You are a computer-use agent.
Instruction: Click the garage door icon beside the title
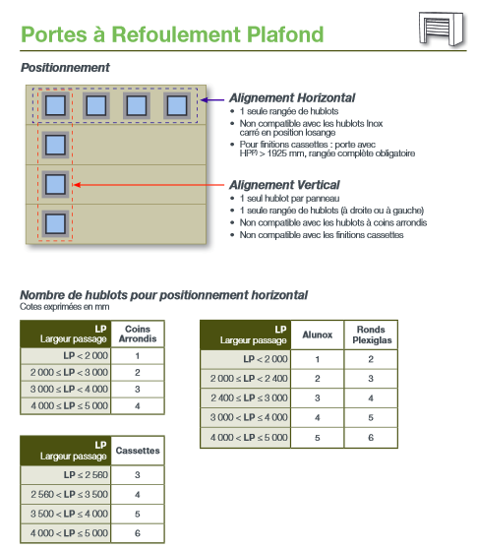click(x=443, y=29)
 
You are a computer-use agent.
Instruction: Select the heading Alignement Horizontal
click(x=292, y=98)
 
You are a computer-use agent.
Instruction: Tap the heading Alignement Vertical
click(x=284, y=185)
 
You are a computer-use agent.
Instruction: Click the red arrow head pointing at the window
click(x=78, y=185)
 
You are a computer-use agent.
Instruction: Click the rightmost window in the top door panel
click(x=177, y=105)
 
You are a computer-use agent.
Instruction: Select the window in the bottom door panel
click(x=55, y=223)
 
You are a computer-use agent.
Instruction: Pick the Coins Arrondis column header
click(x=138, y=334)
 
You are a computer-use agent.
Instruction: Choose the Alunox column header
click(x=318, y=335)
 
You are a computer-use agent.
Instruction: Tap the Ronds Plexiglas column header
click(x=372, y=335)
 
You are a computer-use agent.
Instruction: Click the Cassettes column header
click(x=138, y=451)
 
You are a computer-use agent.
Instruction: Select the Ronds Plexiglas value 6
click(x=371, y=438)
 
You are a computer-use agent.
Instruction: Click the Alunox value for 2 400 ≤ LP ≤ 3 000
click(x=318, y=398)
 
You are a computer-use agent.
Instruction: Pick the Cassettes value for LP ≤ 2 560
click(x=138, y=475)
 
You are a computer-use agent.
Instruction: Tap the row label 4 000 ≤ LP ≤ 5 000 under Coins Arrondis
click(x=69, y=406)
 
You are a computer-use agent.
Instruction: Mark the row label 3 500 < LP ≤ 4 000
click(x=69, y=514)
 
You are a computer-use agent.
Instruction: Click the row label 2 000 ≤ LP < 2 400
click(x=249, y=379)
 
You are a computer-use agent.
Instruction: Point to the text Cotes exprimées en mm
click(x=65, y=307)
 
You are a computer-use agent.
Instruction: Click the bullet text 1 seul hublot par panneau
click(x=289, y=199)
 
